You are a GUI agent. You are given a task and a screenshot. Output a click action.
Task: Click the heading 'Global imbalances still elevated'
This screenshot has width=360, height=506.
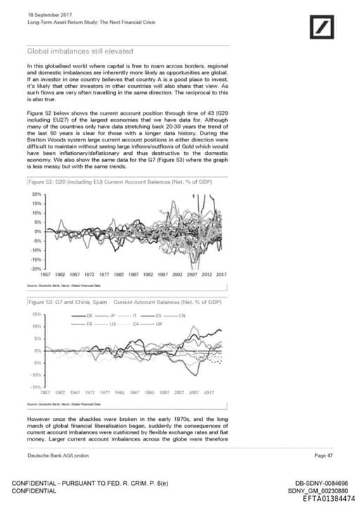coord(79,51)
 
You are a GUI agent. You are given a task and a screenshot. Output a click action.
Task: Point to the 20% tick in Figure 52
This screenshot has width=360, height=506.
coord(37,194)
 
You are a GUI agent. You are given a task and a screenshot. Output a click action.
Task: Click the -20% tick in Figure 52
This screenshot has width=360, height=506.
coord(37,268)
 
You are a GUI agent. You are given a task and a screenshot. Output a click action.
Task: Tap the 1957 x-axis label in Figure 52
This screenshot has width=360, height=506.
coord(49,274)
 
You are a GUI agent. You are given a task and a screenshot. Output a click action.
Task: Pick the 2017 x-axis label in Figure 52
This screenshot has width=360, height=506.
coord(221,274)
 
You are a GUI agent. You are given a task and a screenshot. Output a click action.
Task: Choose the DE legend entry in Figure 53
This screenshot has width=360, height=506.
coord(89,315)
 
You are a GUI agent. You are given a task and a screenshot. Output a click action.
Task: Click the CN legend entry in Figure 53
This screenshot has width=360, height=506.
coord(182,315)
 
